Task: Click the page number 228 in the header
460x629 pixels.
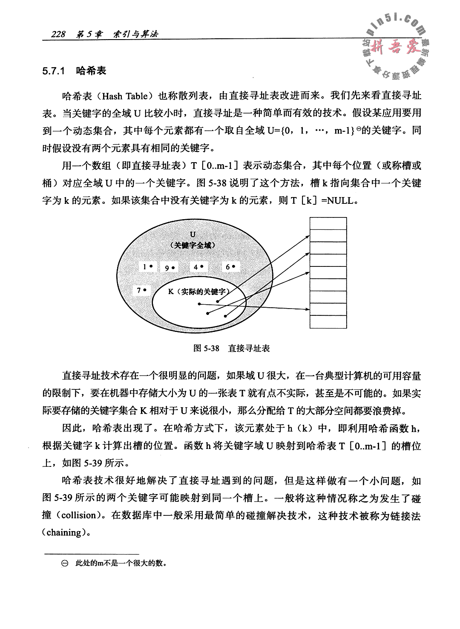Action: (57, 34)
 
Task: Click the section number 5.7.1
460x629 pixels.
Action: (53, 71)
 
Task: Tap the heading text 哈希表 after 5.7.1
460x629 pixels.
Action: (91, 71)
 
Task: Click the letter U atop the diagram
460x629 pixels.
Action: (193, 234)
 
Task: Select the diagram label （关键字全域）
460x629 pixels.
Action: (193, 245)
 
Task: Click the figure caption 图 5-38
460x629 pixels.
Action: (206, 348)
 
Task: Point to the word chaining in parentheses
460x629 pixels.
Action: (63, 532)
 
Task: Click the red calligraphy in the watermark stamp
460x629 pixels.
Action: (394, 46)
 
